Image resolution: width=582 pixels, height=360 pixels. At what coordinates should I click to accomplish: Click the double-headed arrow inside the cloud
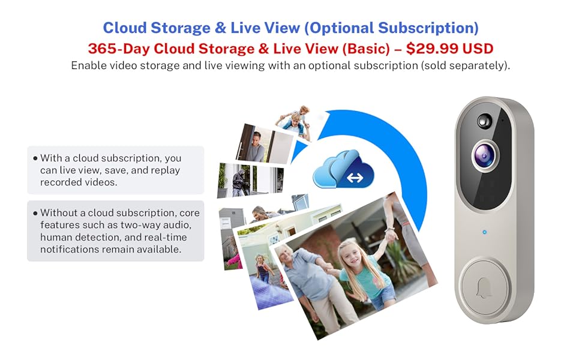(x=355, y=178)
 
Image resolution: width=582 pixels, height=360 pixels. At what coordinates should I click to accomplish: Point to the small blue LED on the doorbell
(x=482, y=230)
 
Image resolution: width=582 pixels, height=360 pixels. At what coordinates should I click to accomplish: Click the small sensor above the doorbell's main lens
(x=484, y=121)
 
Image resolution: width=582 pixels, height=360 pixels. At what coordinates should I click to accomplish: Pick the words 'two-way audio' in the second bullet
(x=170, y=225)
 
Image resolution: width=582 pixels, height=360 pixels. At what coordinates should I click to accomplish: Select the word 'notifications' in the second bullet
(x=68, y=248)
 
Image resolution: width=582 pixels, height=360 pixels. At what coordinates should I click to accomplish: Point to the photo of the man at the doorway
(x=259, y=143)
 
